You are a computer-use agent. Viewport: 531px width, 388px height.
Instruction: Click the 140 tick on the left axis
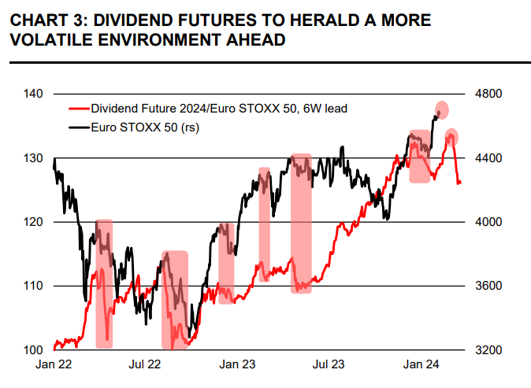pos(33,94)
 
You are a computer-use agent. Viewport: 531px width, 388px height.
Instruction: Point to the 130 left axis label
pos(33,158)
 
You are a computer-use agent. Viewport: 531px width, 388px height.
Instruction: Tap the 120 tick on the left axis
pos(33,222)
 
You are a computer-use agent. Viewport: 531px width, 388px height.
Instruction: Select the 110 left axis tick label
pos(33,286)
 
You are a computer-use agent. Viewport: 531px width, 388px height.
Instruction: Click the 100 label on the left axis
pos(33,349)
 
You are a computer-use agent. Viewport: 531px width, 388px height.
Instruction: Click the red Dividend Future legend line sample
pos(78,109)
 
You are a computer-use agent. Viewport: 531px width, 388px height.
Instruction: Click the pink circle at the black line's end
pos(441,110)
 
